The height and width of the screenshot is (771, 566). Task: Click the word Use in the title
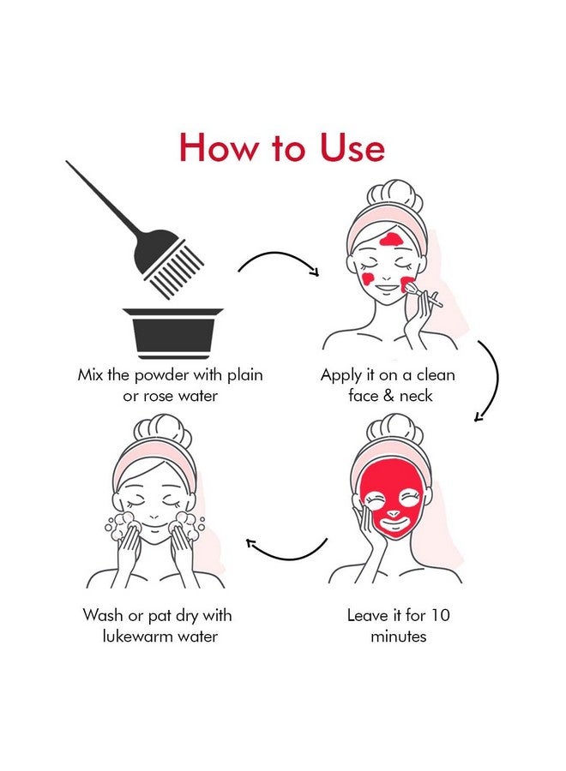click(352, 147)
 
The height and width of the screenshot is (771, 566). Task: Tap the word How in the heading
click(218, 147)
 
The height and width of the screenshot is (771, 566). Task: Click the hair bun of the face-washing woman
click(162, 431)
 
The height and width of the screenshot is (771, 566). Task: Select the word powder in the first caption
click(161, 376)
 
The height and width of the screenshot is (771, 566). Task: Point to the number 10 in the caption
click(441, 615)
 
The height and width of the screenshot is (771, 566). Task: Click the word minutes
click(398, 637)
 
